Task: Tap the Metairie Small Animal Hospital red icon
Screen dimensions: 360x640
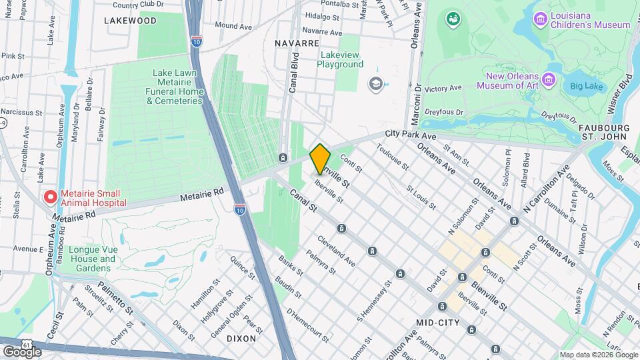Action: point(49,197)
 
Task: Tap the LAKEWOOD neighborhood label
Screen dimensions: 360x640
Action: point(131,21)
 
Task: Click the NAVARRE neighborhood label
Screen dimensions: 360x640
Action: point(297,43)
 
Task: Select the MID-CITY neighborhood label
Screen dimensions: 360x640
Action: point(438,322)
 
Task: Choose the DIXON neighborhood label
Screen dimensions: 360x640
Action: point(241,338)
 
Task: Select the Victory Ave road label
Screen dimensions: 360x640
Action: point(443,88)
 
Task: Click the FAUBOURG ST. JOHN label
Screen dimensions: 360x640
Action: point(603,132)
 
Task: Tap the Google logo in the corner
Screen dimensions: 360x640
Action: point(22,351)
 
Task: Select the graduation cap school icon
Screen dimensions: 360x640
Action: point(375,83)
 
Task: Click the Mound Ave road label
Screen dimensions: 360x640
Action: point(233,26)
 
